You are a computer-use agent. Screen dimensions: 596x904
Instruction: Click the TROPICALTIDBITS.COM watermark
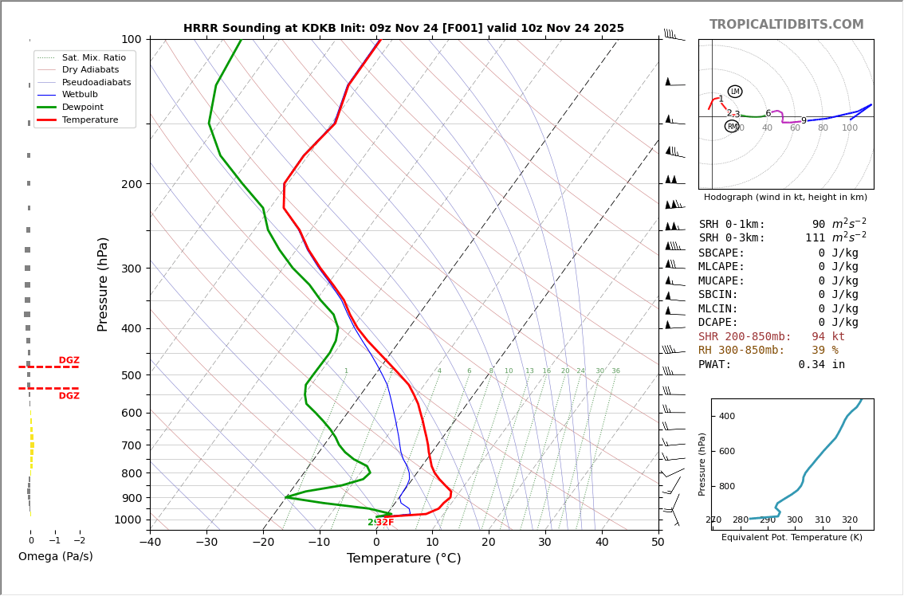tap(786, 25)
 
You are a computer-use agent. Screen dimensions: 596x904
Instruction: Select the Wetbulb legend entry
tap(80, 94)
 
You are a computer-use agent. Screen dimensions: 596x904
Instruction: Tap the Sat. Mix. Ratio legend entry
tap(93, 57)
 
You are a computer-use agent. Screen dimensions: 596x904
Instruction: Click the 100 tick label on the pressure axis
tap(131, 39)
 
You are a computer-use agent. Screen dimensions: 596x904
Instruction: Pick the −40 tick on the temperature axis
tap(150, 543)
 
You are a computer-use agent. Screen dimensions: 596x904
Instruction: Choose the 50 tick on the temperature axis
tap(658, 543)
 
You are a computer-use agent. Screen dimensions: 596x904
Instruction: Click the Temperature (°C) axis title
tap(403, 559)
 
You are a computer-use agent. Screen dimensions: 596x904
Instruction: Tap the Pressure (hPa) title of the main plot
tap(103, 284)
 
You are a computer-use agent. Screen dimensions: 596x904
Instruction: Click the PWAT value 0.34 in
tap(821, 365)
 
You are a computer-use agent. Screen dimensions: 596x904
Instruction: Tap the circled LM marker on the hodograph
tap(735, 92)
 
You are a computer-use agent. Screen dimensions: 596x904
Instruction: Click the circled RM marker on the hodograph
tap(732, 126)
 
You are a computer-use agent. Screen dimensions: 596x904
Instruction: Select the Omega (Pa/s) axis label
tap(55, 556)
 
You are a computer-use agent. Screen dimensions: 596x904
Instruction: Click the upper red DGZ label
tap(69, 360)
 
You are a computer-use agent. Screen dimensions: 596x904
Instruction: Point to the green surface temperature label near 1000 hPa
tap(380, 523)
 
